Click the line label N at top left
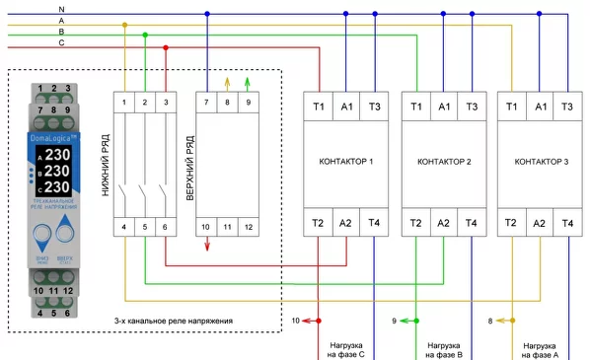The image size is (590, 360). (61, 8)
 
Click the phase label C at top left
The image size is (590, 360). (61, 43)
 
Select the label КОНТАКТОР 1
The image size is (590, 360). (345, 161)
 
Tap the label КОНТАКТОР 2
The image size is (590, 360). (443, 161)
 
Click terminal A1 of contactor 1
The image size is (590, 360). (346, 106)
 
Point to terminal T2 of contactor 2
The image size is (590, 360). (415, 224)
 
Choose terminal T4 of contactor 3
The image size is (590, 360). (567, 224)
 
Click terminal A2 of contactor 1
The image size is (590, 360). (346, 224)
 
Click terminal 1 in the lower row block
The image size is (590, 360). (125, 103)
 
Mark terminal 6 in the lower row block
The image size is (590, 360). (164, 228)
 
